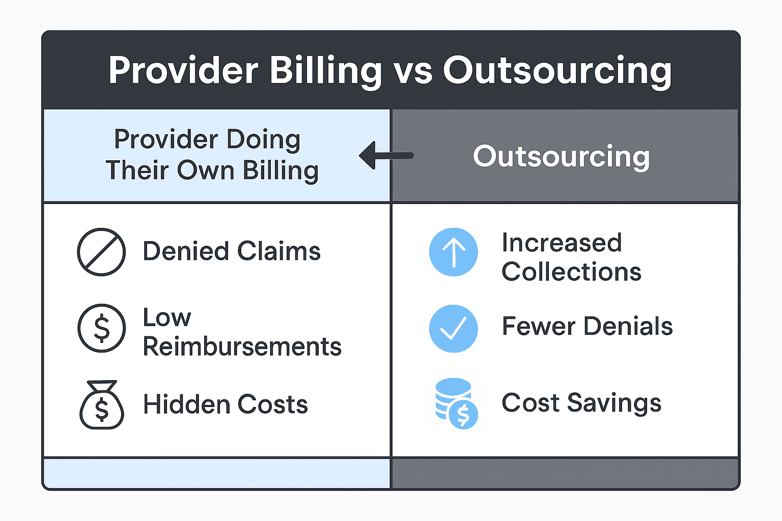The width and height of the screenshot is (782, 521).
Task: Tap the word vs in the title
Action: pyautogui.click(x=413, y=71)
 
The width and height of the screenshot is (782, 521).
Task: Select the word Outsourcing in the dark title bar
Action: pyautogui.click(x=557, y=71)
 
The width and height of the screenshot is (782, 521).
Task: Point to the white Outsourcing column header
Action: pyautogui.click(x=561, y=156)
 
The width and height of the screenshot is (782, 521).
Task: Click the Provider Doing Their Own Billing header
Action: pyautogui.click(x=212, y=155)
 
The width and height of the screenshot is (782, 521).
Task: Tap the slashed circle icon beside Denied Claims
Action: pyautogui.click(x=101, y=252)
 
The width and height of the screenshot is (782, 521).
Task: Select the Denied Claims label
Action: pyautogui.click(x=232, y=251)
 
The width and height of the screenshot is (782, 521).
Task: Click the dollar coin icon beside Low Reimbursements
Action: pyautogui.click(x=101, y=328)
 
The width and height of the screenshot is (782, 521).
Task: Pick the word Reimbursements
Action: pyautogui.click(x=242, y=347)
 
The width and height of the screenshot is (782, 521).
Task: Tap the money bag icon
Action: pyautogui.click(x=102, y=405)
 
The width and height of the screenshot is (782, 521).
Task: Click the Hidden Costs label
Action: pyautogui.click(x=226, y=404)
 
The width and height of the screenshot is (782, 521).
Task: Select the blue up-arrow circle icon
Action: pyautogui.click(x=453, y=252)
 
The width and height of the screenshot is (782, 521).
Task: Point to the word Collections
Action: pyautogui.click(x=571, y=272)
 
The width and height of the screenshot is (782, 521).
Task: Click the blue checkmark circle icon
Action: pyautogui.click(x=453, y=328)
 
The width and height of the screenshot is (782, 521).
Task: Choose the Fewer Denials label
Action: pyautogui.click(x=587, y=326)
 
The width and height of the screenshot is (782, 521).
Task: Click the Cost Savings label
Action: pyautogui.click(x=581, y=403)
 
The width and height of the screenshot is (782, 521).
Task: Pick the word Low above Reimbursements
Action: pyautogui.click(x=166, y=318)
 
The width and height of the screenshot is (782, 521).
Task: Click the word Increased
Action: pyautogui.click(x=562, y=243)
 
